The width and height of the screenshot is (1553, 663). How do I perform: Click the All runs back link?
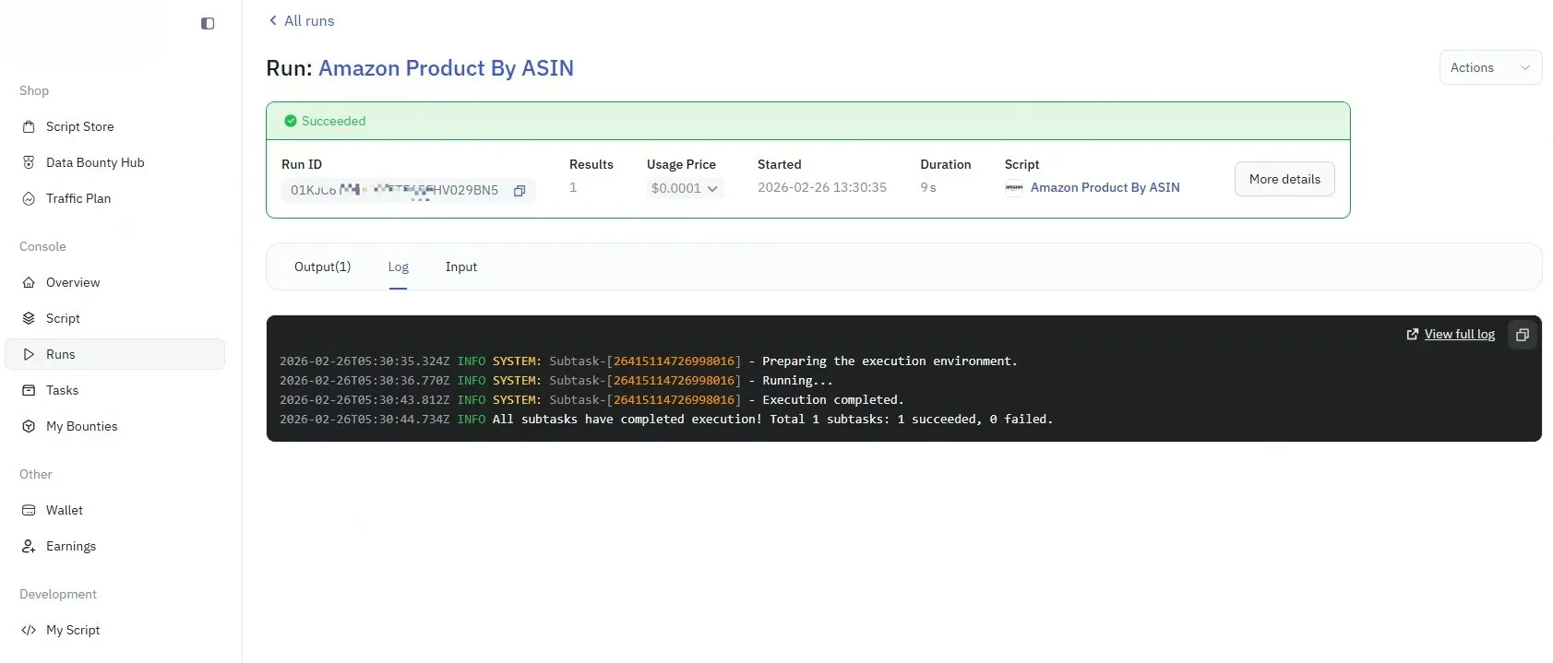(x=301, y=20)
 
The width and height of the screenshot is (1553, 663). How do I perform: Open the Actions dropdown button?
(x=1489, y=67)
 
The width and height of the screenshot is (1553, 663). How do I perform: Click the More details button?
(x=1284, y=179)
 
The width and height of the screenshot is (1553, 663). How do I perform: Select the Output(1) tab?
(x=322, y=266)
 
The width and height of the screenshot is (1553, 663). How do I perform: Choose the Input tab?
(x=460, y=266)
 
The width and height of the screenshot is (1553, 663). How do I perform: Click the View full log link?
(x=1458, y=334)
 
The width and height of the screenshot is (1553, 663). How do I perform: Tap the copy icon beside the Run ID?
(x=520, y=191)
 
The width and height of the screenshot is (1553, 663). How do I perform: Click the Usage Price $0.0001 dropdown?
(x=684, y=188)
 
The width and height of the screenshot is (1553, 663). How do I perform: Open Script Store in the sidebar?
(x=79, y=126)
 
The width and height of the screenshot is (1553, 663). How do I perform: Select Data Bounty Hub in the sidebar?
(x=94, y=162)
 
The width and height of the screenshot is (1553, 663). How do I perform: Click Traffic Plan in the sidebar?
(x=78, y=198)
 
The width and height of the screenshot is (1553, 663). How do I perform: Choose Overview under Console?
(x=72, y=282)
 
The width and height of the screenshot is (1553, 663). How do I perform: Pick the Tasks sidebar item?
(x=62, y=390)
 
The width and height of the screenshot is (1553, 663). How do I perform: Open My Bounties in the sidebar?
(x=81, y=426)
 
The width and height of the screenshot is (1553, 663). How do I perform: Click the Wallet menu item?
(x=64, y=510)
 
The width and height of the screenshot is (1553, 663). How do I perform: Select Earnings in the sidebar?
(x=70, y=546)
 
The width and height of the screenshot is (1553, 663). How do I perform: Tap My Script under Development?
(x=72, y=630)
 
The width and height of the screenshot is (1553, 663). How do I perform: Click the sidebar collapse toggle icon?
(x=208, y=24)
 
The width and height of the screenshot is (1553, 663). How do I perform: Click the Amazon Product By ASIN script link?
(x=1104, y=187)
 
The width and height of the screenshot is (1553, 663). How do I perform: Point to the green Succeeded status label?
(x=332, y=121)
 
